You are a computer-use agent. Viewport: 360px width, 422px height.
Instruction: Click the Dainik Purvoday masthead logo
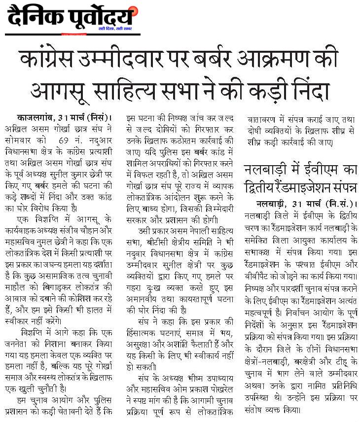69,18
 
